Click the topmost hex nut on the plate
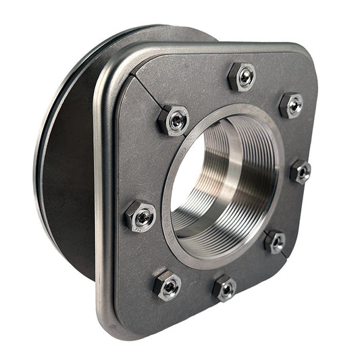(242, 76)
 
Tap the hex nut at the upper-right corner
(291, 105)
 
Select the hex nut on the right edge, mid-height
(301, 172)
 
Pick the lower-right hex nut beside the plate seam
(275, 241)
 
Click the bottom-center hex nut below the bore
(225, 288)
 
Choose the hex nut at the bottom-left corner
(167, 285)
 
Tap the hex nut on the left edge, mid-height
(140, 216)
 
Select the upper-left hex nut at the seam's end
(174, 121)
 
